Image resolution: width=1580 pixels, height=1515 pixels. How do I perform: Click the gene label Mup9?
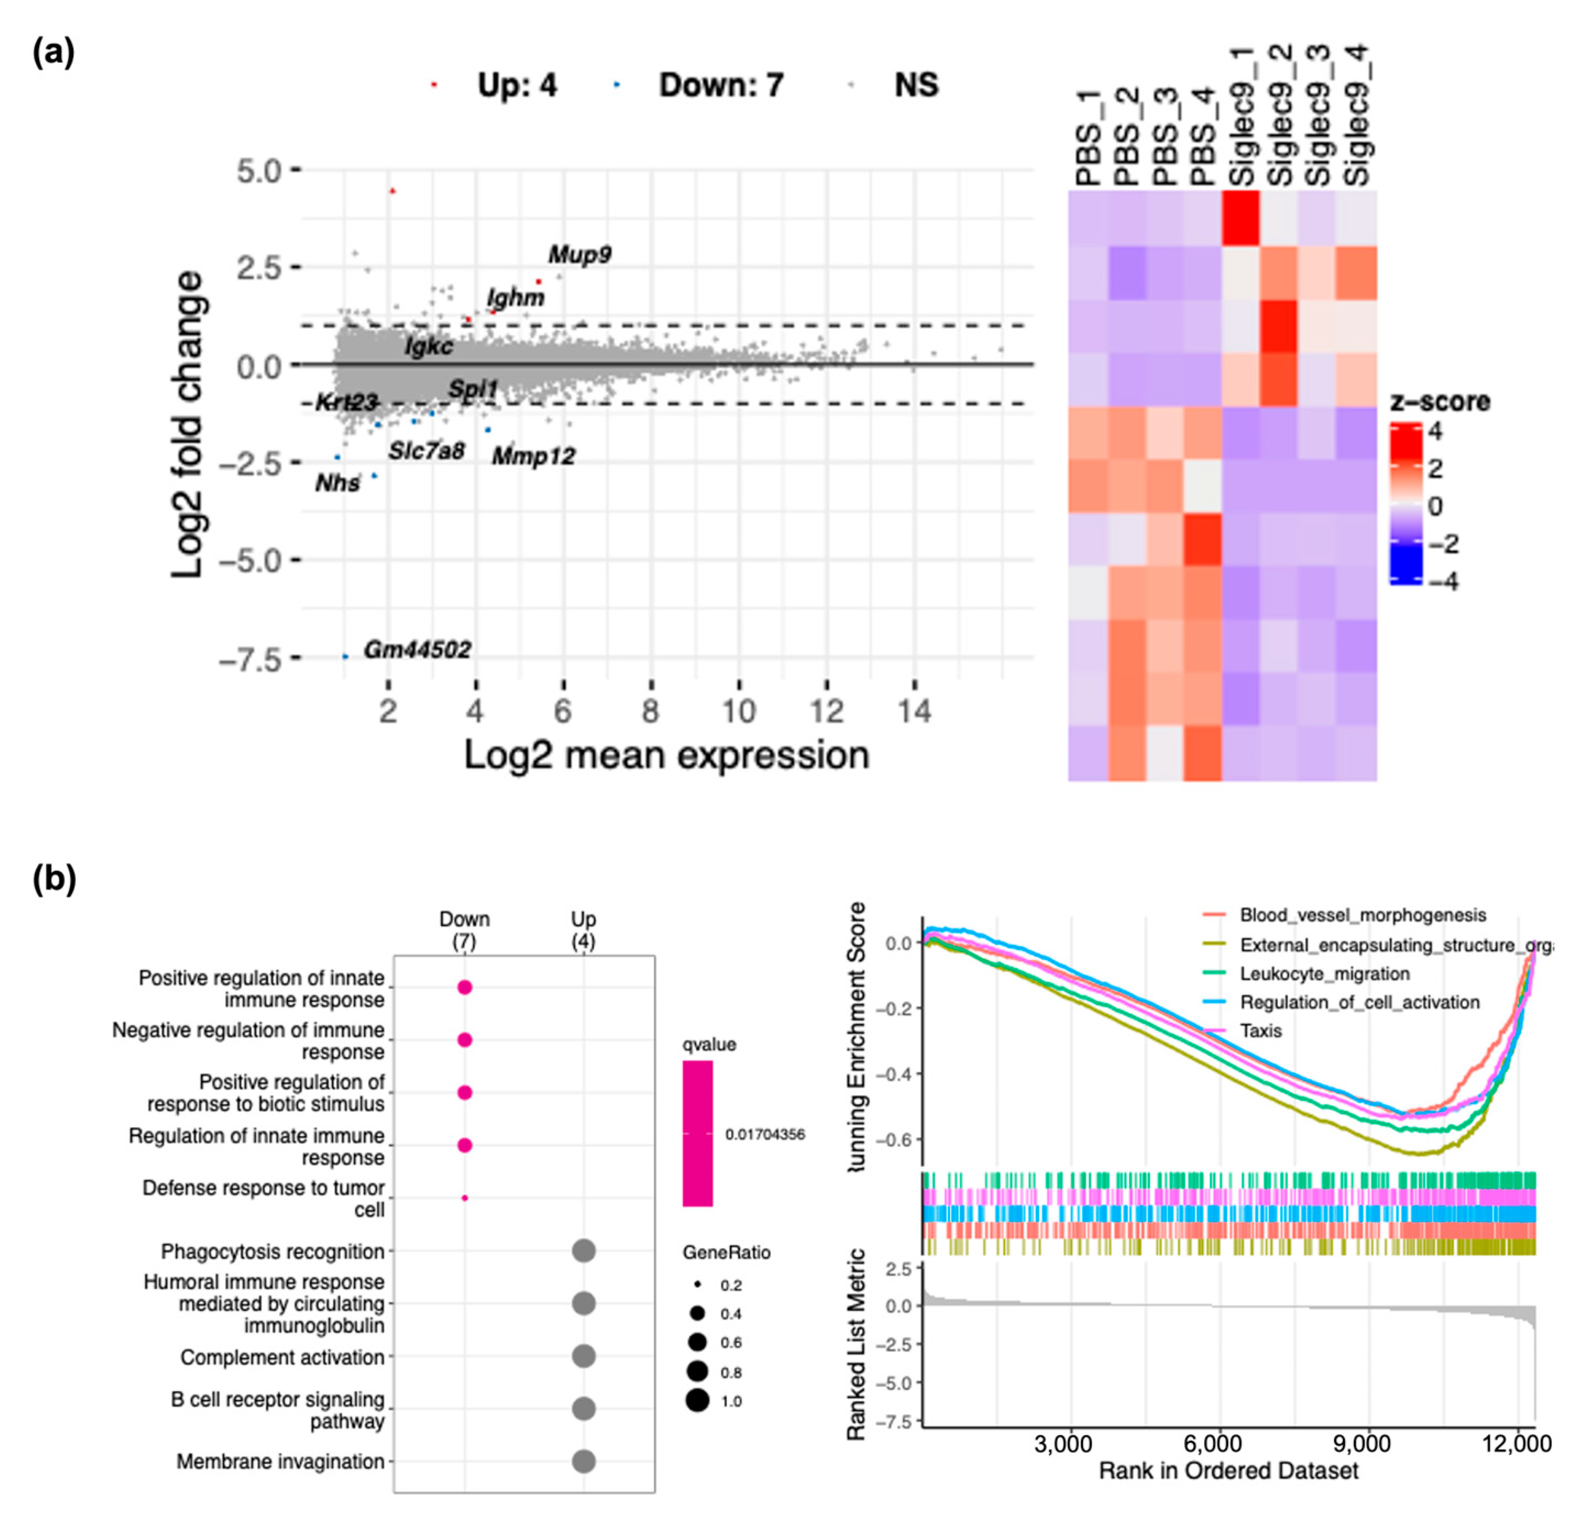click(x=579, y=255)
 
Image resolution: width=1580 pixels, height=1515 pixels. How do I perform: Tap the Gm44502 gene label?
click(x=417, y=649)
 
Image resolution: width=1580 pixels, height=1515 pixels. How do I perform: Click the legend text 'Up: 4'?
click(x=516, y=85)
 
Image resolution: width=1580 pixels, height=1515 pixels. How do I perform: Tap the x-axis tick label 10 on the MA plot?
click(x=738, y=711)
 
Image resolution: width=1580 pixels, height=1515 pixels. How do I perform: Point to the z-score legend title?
click(x=1440, y=401)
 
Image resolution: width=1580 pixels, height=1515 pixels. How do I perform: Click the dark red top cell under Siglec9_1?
click(x=1241, y=218)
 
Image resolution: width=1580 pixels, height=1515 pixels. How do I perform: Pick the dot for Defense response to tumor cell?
click(x=465, y=1198)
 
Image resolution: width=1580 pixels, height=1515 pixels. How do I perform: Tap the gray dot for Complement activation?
click(x=584, y=1356)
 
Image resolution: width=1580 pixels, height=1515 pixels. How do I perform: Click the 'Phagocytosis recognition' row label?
click(x=273, y=1252)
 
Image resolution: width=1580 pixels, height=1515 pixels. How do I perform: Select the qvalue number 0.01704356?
click(x=764, y=1134)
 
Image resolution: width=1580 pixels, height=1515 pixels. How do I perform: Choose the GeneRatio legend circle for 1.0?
click(x=697, y=1401)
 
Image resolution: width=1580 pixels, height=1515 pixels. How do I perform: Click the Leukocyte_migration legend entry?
click(x=1324, y=973)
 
